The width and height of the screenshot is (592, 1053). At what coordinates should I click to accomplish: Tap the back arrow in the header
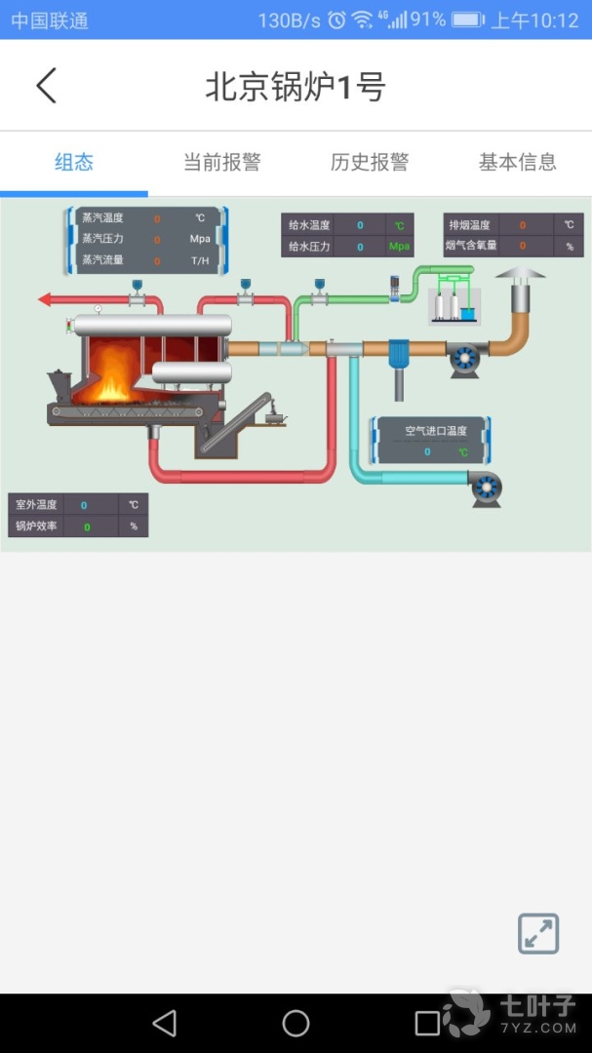click(x=46, y=86)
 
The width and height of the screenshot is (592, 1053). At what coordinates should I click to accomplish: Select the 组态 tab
click(x=74, y=163)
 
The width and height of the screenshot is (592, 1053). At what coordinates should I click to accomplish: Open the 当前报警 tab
click(x=222, y=163)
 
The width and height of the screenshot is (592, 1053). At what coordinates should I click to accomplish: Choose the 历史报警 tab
click(x=370, y=163)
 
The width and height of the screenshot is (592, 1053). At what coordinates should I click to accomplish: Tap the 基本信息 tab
click(x=518, y=163)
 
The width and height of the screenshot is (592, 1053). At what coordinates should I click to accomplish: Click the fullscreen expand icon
click(x=538, y=933)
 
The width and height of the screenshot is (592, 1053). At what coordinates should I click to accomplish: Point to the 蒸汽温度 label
click(x=102, y=218)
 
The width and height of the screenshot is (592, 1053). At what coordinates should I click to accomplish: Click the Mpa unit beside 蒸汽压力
click(x=200, y=239)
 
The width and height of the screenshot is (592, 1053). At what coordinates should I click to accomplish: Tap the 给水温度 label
click(x=309, y=225)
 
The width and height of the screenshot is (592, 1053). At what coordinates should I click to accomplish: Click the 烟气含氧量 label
click(x=472, y=246)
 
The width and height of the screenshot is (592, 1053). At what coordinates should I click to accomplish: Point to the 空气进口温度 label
click(x=436, y=430)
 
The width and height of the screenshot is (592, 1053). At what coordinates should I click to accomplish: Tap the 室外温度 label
click(x=36, y=505)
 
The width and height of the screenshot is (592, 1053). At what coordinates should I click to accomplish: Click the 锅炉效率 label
click(x=36, y=526)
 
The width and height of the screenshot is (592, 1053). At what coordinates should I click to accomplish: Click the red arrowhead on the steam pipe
click(x=45, y=299)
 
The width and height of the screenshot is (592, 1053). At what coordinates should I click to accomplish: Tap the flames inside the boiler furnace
click(x=112, y=375)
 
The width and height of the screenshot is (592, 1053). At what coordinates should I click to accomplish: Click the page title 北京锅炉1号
click(x=296, y=87)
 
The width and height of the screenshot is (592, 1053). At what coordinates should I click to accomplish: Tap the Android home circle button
click(x=296, y=1023)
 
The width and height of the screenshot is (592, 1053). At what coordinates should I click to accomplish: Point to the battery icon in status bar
click(x=467, y=20)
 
